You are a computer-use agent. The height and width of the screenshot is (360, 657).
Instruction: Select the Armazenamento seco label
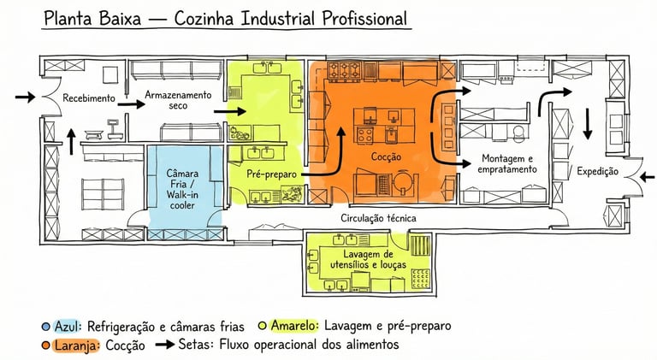(x=177, y=98)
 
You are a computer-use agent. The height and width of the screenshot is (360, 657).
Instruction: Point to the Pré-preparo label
(x=271, y=174)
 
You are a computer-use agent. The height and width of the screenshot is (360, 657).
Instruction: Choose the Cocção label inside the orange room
(x=385, y=159)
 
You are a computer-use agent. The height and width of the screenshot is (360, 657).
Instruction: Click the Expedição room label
(x=597, y=172)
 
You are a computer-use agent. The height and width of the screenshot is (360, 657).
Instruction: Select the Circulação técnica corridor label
(x=378, y=219)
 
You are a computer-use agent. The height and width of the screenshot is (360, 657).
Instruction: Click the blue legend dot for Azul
(x=44, y=327)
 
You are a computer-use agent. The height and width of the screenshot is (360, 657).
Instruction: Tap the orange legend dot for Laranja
(x=44, y=345)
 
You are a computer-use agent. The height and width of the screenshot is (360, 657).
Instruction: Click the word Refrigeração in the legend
(x=125, y=327)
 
